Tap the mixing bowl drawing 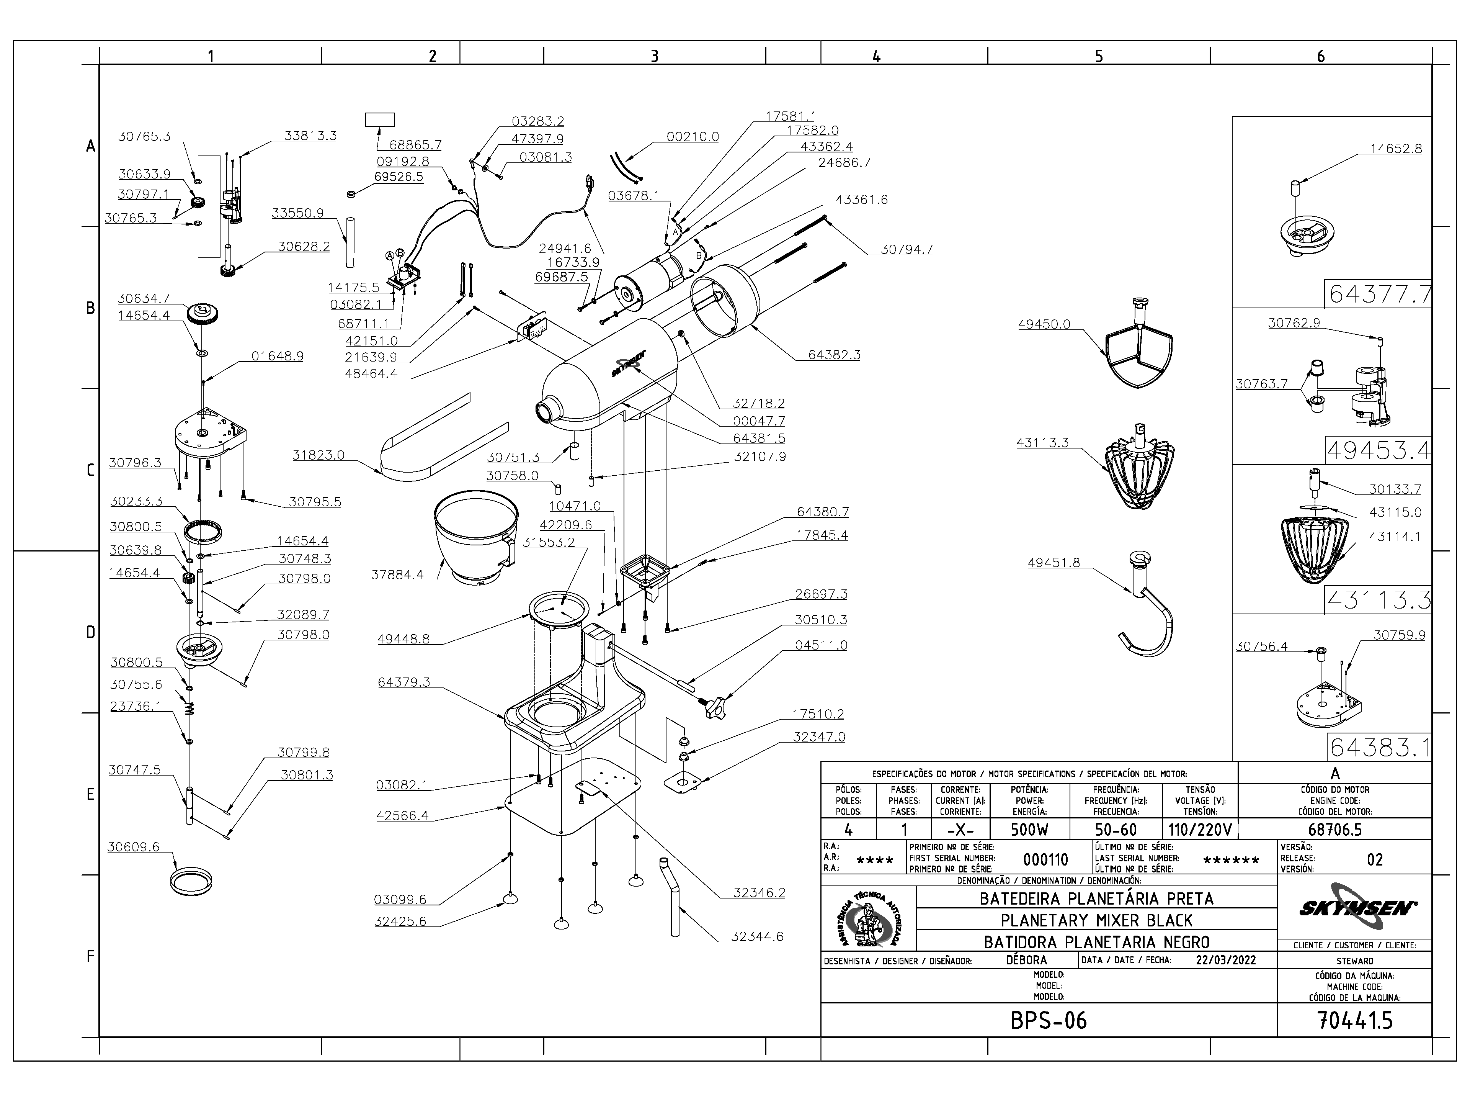click(474, 538)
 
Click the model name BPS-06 click(1049, 1020)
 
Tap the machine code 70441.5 click(1354, 1020)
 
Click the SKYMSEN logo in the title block click(1355, 908)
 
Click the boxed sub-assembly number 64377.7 click(1378, 294)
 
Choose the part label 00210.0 click(693, 136)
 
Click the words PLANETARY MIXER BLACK click(1096, 920)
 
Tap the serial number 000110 click(1045, 860)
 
